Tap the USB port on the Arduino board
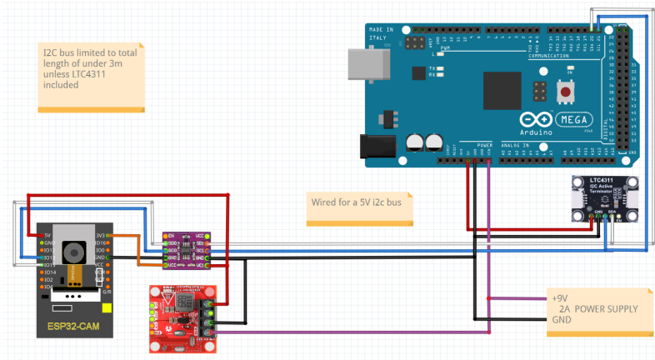367,63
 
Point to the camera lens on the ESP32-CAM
74,250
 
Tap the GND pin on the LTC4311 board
598,214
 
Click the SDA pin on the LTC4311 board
612,214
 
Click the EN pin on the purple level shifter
170,236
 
